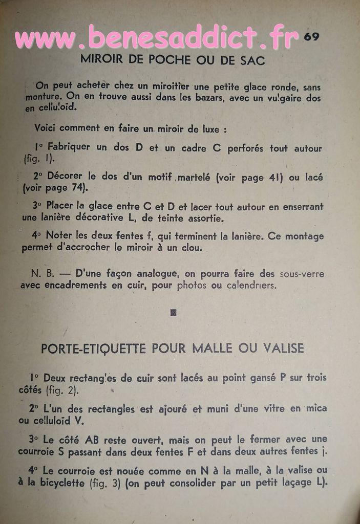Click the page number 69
coord(311,37)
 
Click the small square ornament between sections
coord(173,312)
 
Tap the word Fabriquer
coord(69,147)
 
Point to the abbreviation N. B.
coord(43,274)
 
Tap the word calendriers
coord(251,286)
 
